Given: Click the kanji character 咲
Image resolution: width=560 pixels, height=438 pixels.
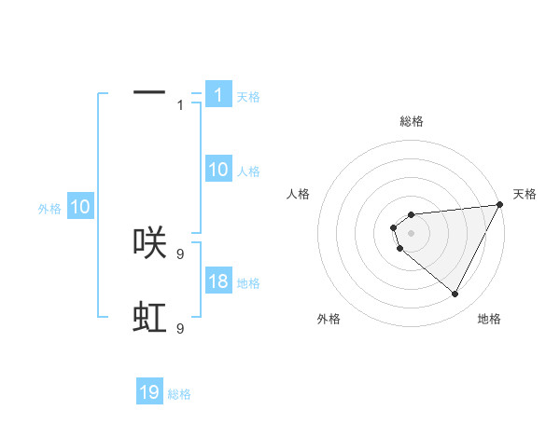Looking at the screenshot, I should pos(149,241).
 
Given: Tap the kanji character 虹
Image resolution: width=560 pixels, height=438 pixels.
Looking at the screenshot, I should pos(149,317).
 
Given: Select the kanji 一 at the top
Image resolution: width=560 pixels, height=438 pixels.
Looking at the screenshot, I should pos(149,92).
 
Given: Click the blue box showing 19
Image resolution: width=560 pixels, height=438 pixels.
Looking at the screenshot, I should pos(149,392).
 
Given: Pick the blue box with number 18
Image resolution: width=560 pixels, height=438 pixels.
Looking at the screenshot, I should pos(217,281).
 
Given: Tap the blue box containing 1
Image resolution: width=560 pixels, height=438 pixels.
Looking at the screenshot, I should pos(217,94).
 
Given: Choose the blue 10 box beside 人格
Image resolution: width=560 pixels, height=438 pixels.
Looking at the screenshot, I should pos(217,169).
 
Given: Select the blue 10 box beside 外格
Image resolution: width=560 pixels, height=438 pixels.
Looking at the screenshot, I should pos(79,207).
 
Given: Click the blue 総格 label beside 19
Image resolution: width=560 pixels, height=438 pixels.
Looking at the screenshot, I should pos(179,394).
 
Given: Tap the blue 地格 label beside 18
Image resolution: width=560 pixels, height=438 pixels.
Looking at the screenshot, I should pos(248,283).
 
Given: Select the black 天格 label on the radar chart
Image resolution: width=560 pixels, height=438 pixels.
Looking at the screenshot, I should pos(525,194).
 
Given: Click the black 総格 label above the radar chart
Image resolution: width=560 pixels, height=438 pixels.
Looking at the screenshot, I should pos(412,121).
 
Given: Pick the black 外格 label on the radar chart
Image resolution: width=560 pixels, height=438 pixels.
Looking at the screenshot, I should pos(329,319).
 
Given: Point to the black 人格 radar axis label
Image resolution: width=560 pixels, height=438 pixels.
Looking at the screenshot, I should pos(299,194).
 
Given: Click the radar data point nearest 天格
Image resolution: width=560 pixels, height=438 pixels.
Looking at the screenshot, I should pos(499,205).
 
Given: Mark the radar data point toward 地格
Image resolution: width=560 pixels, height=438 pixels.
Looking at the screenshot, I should pos(455,294).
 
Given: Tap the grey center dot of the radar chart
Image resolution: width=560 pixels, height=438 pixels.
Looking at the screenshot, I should pos(412,233).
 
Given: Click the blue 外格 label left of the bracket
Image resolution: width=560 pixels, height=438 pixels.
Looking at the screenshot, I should pos(49,210).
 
